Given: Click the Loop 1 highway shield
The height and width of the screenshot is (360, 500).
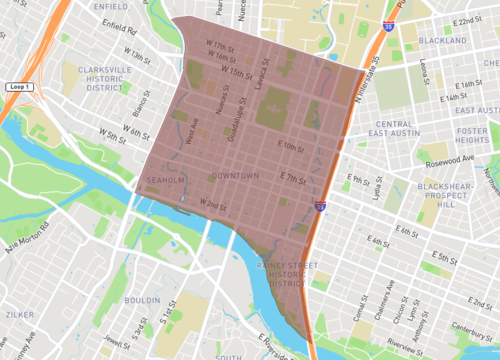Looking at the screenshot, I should point(19,88).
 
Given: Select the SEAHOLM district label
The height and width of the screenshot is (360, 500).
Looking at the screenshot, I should point(165,180).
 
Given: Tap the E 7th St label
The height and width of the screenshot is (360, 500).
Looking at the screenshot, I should point(291,179).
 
